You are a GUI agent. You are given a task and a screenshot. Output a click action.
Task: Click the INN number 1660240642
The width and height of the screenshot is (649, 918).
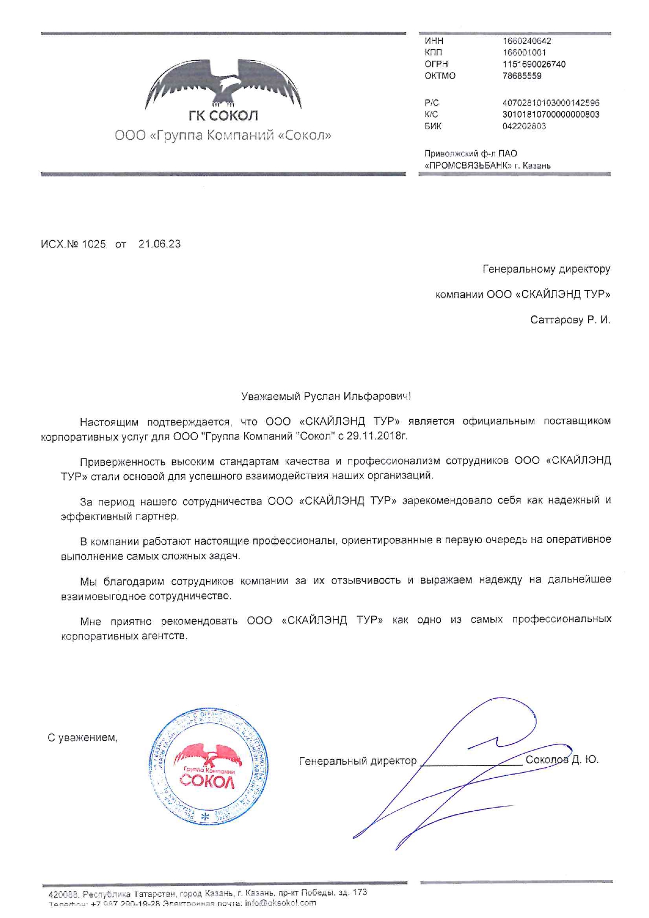coord(527,41)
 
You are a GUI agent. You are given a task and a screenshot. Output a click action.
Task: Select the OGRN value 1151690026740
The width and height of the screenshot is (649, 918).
coord(534,64)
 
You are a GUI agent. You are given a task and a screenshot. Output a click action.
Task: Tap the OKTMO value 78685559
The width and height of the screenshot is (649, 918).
coord(522,76)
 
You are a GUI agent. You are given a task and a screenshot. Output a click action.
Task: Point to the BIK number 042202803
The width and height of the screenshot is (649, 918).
coord(524,126)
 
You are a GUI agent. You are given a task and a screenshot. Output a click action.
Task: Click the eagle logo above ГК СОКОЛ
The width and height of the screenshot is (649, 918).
coord(223,83)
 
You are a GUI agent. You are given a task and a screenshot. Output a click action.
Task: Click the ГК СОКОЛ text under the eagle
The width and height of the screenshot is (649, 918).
coord(223,116)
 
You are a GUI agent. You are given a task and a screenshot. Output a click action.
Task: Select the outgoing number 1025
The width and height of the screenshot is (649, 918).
coord(94,244)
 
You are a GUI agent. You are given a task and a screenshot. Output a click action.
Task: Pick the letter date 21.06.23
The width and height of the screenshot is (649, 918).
coord(159,244)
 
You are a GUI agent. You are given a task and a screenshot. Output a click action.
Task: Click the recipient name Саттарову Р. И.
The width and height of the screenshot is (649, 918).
coord(570,320)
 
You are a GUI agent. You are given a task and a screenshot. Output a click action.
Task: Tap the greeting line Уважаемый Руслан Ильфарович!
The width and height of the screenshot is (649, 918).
coord(326,397)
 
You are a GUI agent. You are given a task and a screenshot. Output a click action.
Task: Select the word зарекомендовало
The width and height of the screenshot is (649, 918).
coord(448,501)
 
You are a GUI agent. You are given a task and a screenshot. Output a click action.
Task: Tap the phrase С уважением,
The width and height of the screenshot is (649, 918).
coord(83,738)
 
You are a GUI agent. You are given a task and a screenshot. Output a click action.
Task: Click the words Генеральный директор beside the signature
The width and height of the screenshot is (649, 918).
coord(357,761)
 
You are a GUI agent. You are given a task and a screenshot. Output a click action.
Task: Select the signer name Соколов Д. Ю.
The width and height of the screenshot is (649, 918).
coord(562,760)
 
